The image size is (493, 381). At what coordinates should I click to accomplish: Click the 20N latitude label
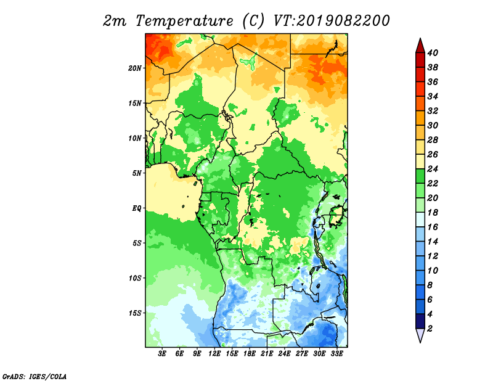click(134, 68)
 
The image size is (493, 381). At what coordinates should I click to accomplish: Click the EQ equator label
click(136, 208)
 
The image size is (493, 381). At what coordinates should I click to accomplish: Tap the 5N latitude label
click(136, 173)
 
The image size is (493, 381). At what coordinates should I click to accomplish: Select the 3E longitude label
click(162, 354)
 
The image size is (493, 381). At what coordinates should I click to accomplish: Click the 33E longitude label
click(336, 354)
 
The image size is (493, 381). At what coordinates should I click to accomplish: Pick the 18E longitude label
click(250, 354)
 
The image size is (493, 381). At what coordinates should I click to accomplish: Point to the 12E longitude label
click(214, 354)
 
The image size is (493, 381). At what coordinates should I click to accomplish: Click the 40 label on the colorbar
click(433, 53)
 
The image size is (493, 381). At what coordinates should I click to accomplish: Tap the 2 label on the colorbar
click(430, 329)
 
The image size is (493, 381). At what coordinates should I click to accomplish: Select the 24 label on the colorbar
click(433, 169)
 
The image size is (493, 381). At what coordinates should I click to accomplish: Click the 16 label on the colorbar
click(433, 227)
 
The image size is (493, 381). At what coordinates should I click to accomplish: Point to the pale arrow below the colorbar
click(420, 335)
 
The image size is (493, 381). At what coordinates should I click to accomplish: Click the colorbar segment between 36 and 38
click(420, 75)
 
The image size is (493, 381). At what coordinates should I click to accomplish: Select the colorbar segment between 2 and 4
click(420, 321)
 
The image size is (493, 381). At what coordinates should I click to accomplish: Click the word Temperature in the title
click(184, 21)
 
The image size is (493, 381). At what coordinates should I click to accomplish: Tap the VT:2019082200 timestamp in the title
click(332, 21)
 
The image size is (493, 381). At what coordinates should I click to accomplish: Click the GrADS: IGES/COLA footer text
click(35, 376)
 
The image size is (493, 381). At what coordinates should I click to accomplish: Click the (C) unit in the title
click(253, 21)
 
